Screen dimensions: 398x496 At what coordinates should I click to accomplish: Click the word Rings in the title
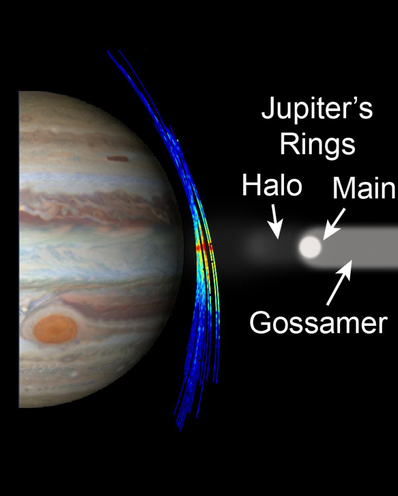(318, 144)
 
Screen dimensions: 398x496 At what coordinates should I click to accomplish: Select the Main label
(364, 188)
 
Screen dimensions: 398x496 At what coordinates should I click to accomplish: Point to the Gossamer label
(318, 323)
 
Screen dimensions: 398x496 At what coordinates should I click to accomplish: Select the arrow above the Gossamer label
(339, 283)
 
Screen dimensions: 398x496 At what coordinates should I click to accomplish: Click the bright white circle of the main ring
(311, 247)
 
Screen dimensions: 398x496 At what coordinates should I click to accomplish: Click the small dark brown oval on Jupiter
(117, 159)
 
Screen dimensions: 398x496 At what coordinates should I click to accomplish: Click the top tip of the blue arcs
(108, 51)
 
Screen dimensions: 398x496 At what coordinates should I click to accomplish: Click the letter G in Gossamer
(260, 322)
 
